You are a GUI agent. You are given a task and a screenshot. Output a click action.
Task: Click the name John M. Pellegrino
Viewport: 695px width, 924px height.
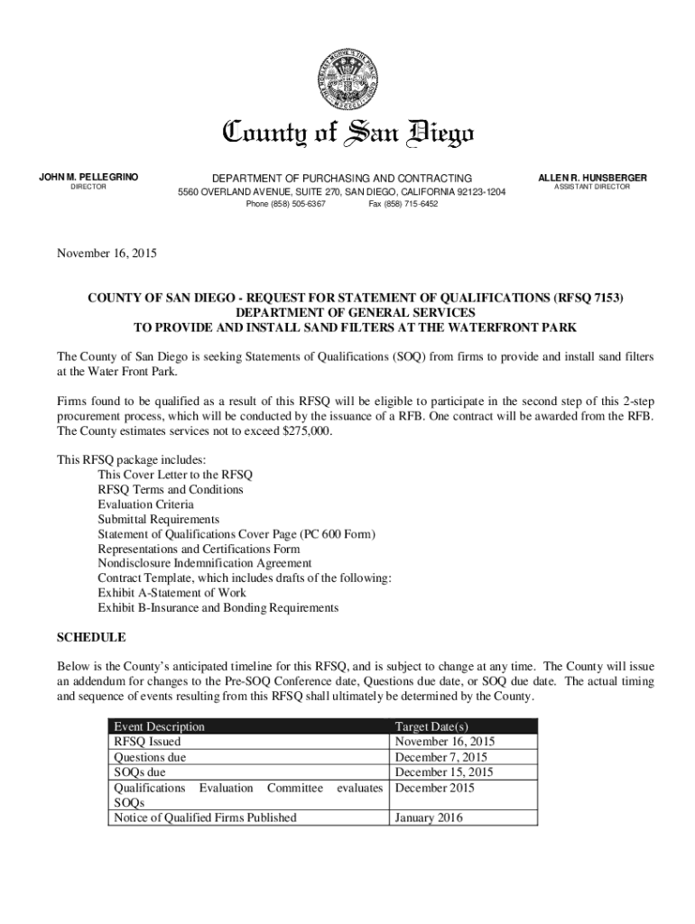[x=88, y=178]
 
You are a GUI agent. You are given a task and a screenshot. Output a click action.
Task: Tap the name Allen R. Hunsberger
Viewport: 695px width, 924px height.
[x=592, y=178]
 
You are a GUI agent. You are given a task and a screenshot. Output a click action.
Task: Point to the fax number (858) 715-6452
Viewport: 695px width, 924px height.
[x=403, y=204]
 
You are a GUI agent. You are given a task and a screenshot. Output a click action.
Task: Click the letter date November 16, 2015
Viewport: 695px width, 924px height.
[x=107, y=254]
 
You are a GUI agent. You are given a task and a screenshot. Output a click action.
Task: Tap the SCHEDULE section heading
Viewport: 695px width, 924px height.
[x=91, y=637]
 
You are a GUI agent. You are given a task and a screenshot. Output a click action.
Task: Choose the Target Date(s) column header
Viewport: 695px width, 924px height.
[x=431, y=726]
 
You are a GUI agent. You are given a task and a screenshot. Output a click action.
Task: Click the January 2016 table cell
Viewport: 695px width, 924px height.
[x=430, y=818]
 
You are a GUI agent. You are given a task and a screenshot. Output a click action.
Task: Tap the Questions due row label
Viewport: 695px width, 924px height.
[x=149, y=757]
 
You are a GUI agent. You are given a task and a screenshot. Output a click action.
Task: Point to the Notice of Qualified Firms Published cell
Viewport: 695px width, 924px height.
[x=204, y=818]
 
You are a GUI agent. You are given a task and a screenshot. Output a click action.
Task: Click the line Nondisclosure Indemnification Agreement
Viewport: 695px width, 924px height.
[x=205, y=562]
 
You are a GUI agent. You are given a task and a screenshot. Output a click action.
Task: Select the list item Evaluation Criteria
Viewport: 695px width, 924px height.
[x=145, y=504]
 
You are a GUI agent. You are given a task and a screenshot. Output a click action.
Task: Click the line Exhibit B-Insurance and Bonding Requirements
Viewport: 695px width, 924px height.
[x=218, y=607]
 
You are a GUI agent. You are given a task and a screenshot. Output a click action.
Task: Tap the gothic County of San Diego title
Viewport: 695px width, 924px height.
[x=347, y=134]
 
